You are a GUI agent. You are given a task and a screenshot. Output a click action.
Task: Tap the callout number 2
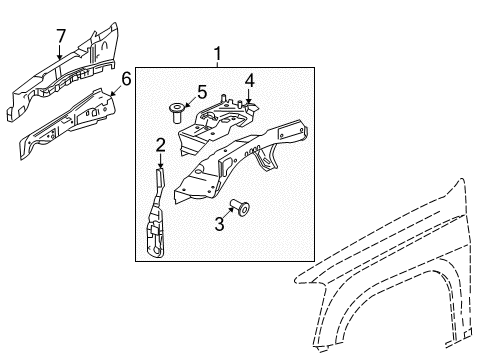tap(160, 146)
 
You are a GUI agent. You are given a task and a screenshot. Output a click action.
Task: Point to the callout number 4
tap(251, 81)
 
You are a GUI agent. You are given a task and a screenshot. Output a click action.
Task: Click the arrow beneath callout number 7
tap(60, 51)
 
